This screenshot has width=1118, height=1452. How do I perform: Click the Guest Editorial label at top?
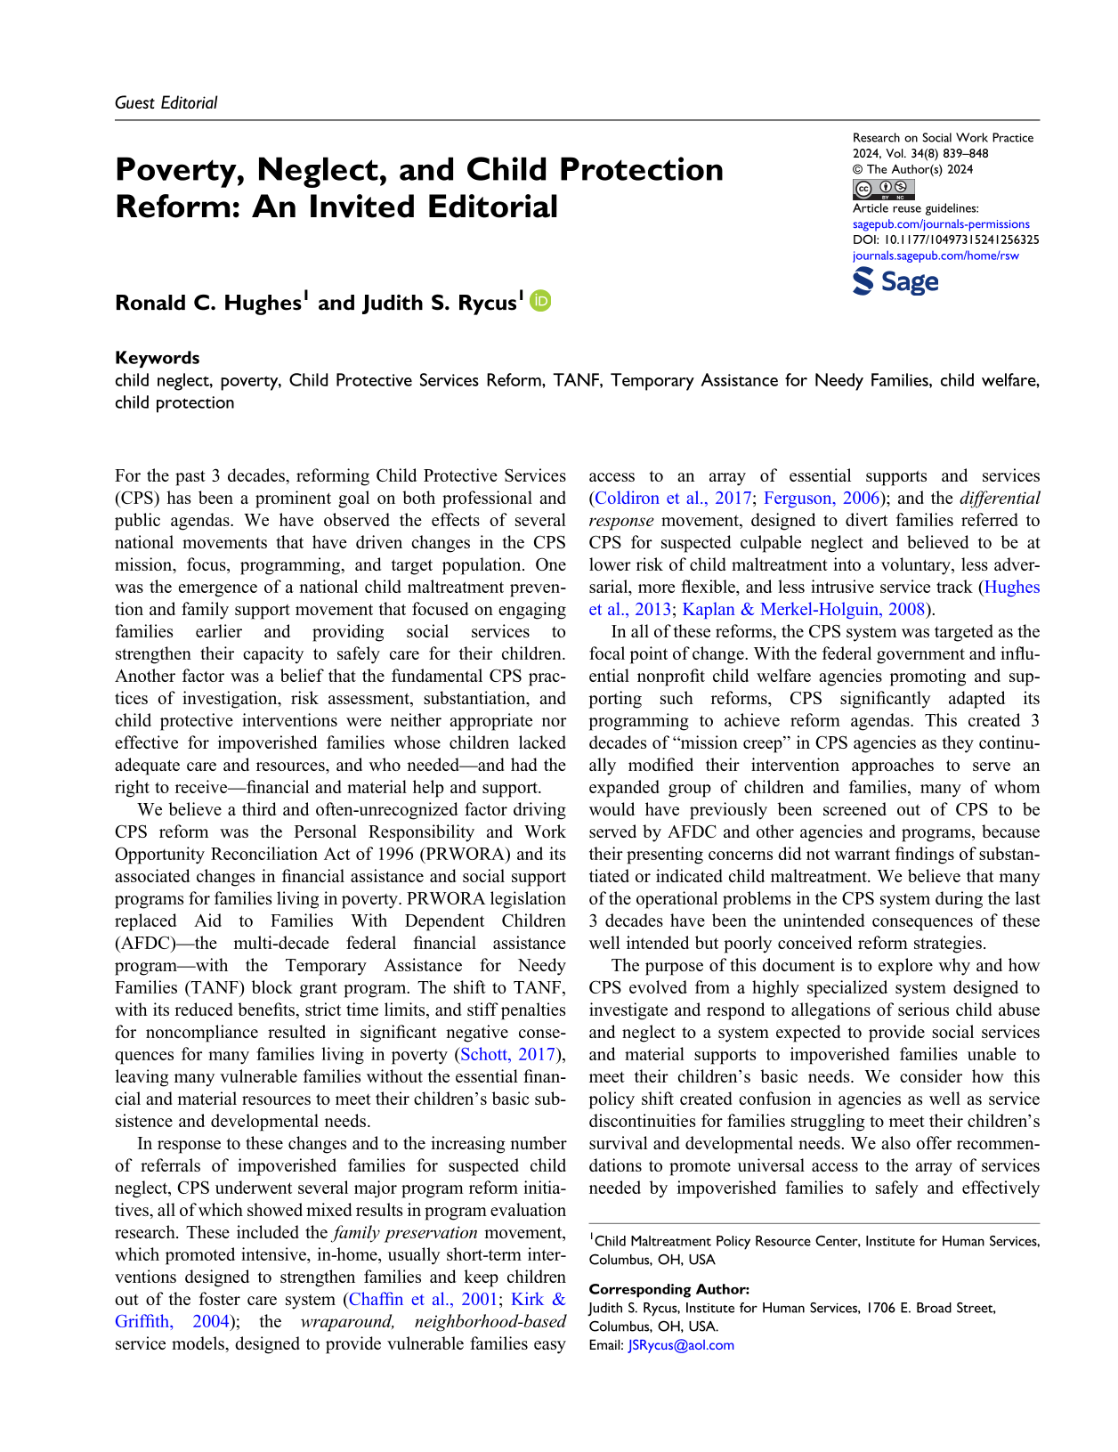[x=166, y=102]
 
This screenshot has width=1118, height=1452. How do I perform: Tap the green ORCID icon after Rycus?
[x=540, y=301]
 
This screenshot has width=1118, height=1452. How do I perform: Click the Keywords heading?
[x=158, y=358]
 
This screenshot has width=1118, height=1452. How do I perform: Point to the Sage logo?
[x=895, y=282]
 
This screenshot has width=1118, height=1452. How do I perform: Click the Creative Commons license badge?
[x=884, y=188]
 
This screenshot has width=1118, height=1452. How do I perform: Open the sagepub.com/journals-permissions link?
[x=941, y=224]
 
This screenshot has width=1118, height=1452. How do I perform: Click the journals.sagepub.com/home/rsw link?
[x=936, y=256]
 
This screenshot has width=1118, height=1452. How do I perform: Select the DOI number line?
[x=945, y=239]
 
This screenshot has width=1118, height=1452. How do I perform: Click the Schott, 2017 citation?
[x=507, y=1055]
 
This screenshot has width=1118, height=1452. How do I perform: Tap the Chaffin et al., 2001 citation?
[x=423, y=1300]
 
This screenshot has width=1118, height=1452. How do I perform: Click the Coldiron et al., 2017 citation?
[x=672, y=499]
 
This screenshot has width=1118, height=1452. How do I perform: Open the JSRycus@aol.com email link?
[x=681, y=1345]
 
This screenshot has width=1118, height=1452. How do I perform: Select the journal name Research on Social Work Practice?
[x=943, y=138]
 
